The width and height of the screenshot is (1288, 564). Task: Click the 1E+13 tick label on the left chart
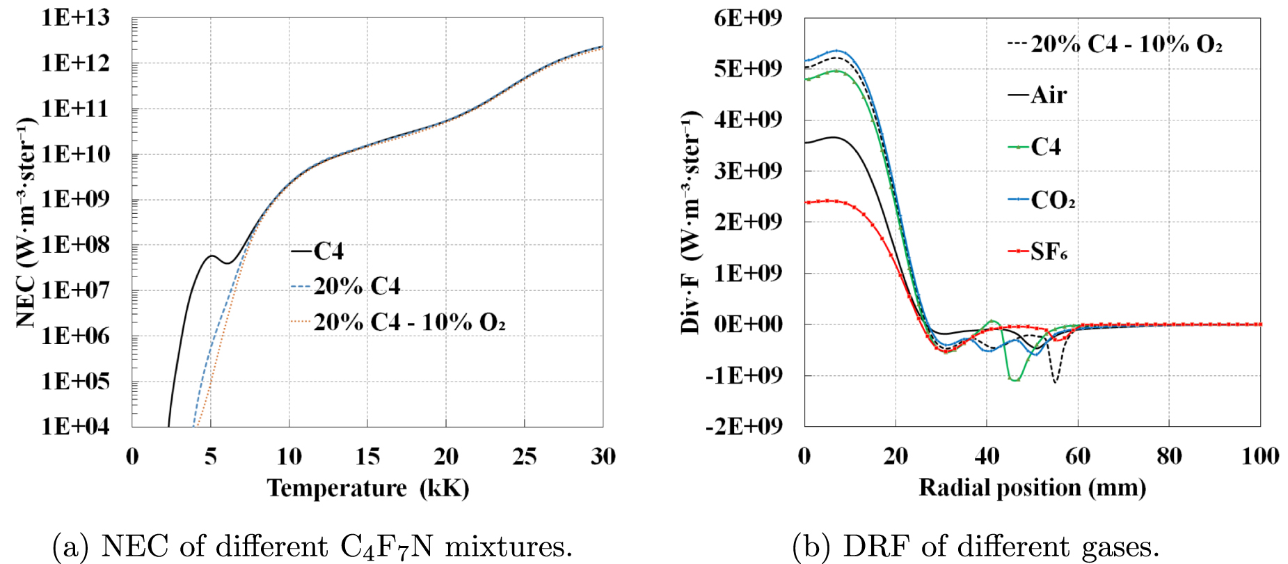75,17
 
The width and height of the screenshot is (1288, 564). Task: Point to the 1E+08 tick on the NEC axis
75,245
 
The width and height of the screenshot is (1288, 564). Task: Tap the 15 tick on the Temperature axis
367,457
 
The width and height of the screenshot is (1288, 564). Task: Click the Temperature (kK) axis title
367,488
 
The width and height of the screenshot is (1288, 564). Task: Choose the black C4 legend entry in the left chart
317,251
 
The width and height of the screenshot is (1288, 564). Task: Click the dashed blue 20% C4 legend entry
346,286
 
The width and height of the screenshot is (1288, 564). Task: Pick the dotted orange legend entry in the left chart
398,322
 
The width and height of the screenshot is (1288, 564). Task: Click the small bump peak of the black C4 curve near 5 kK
212,256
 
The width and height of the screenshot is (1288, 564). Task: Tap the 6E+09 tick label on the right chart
747,17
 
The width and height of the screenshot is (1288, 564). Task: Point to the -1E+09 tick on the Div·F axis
743,375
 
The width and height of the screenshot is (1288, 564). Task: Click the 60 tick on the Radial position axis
1078,457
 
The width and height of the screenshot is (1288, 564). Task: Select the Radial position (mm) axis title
1032,488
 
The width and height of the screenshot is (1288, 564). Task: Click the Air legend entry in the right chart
1037,95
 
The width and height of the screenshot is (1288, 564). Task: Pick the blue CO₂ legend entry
1042,201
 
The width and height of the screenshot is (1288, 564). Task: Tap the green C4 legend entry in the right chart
1035,147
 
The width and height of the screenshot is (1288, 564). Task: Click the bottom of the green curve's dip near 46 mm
1015,380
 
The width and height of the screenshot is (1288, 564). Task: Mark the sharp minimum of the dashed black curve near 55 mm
1055,382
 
